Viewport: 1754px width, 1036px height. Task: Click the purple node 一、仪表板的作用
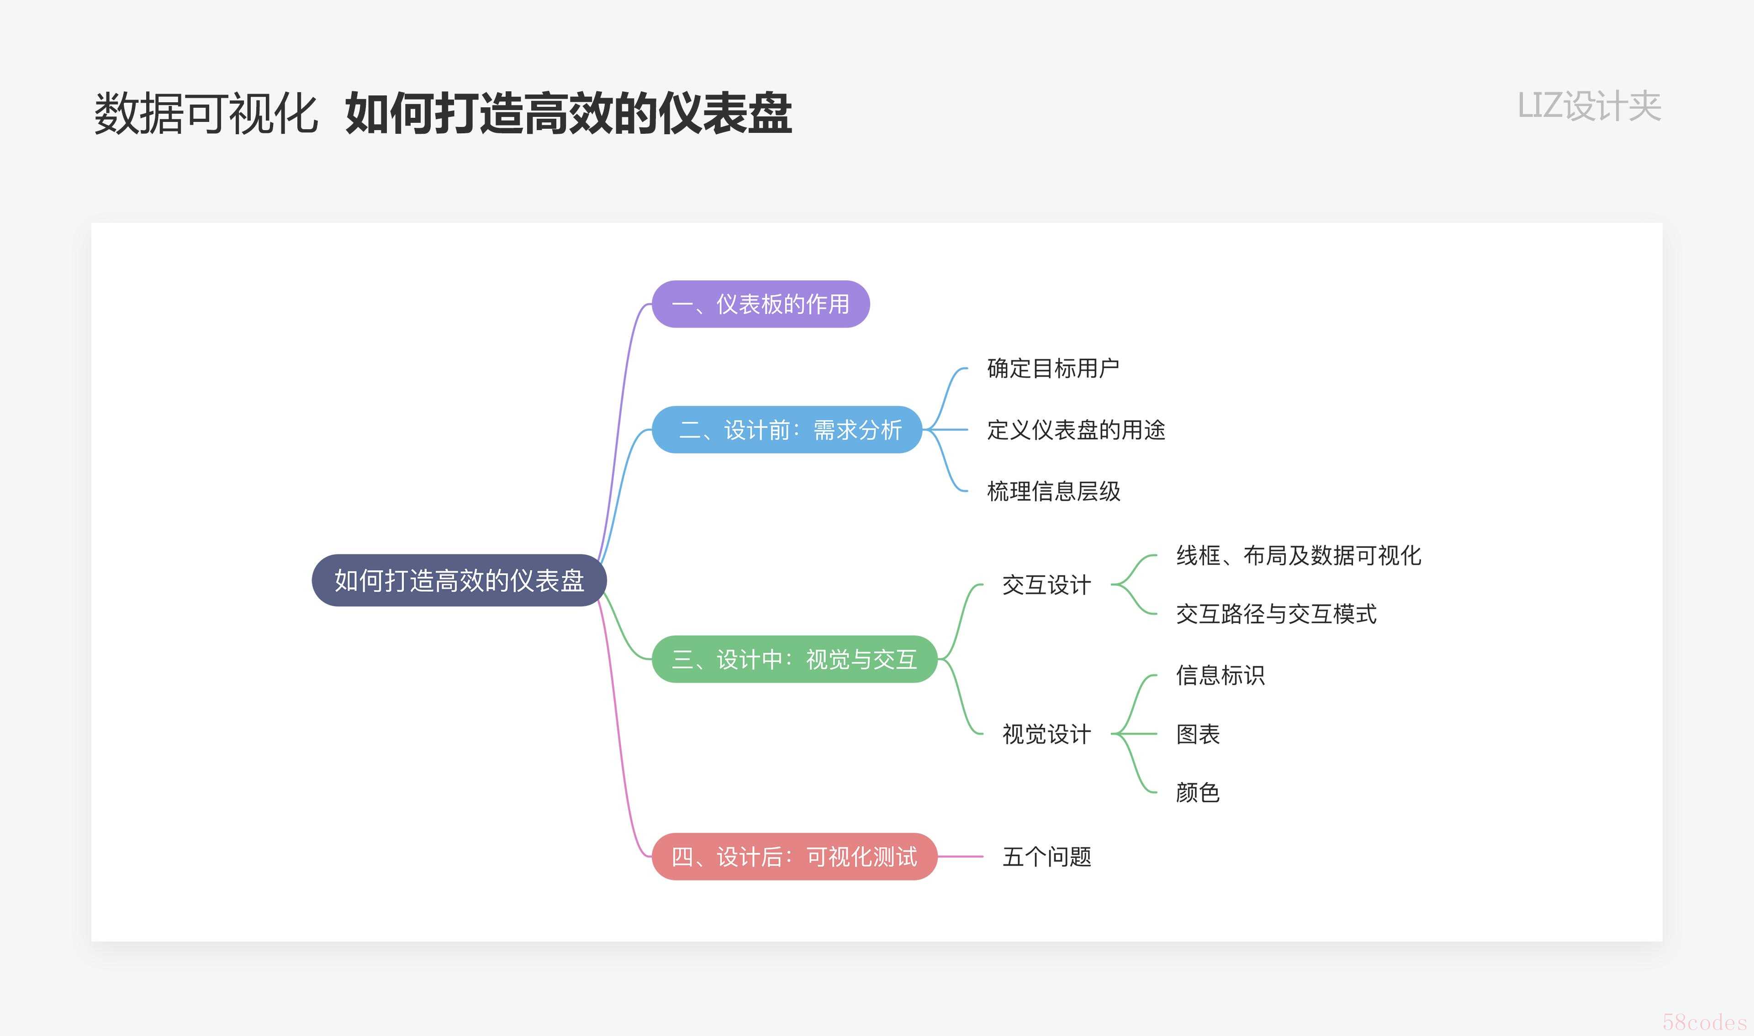(761, 305)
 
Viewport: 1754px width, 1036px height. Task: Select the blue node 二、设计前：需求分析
(787, 429)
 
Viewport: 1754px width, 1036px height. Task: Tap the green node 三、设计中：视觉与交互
(794, 659)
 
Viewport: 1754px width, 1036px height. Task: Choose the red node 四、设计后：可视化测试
(794, 857)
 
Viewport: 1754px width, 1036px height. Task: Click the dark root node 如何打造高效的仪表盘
(459, 580)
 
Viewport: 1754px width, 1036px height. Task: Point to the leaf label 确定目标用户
(1053, 368)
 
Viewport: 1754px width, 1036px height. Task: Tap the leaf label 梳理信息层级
(1053, 491)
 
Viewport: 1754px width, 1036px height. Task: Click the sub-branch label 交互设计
(1046, 585)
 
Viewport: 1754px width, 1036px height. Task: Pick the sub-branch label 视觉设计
(1046, 734)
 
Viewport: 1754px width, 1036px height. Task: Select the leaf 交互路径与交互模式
(1276, 614)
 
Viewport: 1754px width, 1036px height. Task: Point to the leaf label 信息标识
(1220, 675)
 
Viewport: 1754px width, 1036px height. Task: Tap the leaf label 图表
(1198, 734)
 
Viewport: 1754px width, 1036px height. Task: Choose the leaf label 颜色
(1198, 792)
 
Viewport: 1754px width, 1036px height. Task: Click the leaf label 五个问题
(1046, 857)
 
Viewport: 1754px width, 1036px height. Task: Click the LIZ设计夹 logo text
(1589, 106)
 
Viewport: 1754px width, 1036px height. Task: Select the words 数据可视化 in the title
(206, 113)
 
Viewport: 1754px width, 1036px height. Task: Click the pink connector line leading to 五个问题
(960, 857)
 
